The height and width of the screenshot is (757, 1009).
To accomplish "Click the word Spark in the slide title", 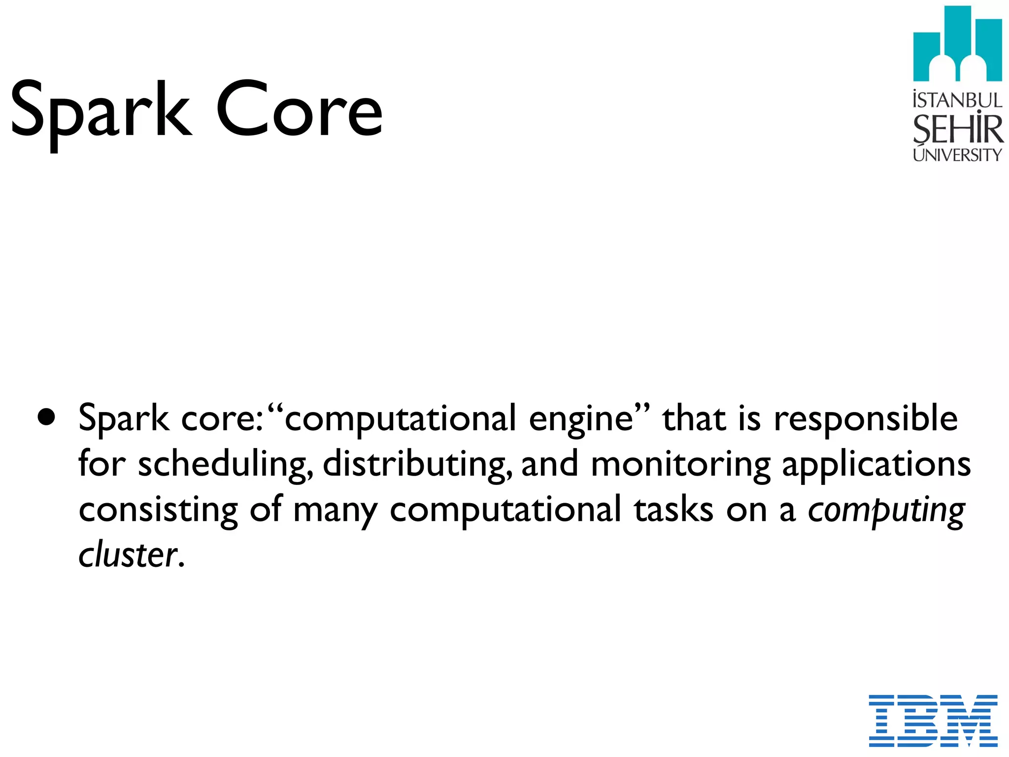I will click(x=101, y=111).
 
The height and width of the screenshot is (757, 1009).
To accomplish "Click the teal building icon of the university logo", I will click(x=957, y=44).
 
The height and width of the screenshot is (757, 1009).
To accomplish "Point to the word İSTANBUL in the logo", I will click(x=957, y=100).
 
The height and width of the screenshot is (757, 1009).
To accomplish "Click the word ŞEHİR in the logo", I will click(x=957, y=129).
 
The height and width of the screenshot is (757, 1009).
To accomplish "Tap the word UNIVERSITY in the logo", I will click(x=957, y=155).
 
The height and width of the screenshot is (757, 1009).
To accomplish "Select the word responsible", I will click(x=866, y=419).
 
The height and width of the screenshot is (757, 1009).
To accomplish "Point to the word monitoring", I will click(x=680, y=465).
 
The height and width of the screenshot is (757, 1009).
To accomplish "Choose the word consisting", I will click(x=158, y=510).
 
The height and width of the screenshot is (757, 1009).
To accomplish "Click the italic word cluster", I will click(x=128, y=555).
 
